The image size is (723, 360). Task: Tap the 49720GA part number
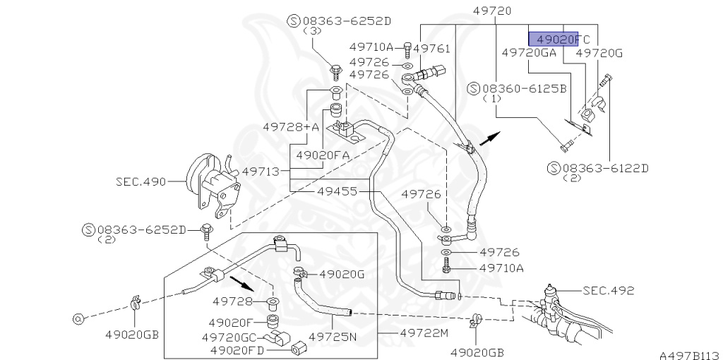529,52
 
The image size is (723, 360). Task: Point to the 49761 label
431,48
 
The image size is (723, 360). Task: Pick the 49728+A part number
291,126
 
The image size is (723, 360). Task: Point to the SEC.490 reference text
140,181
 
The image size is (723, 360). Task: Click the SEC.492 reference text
609,290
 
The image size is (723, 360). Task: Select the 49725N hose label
333,337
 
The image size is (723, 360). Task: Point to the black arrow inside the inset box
241,285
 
